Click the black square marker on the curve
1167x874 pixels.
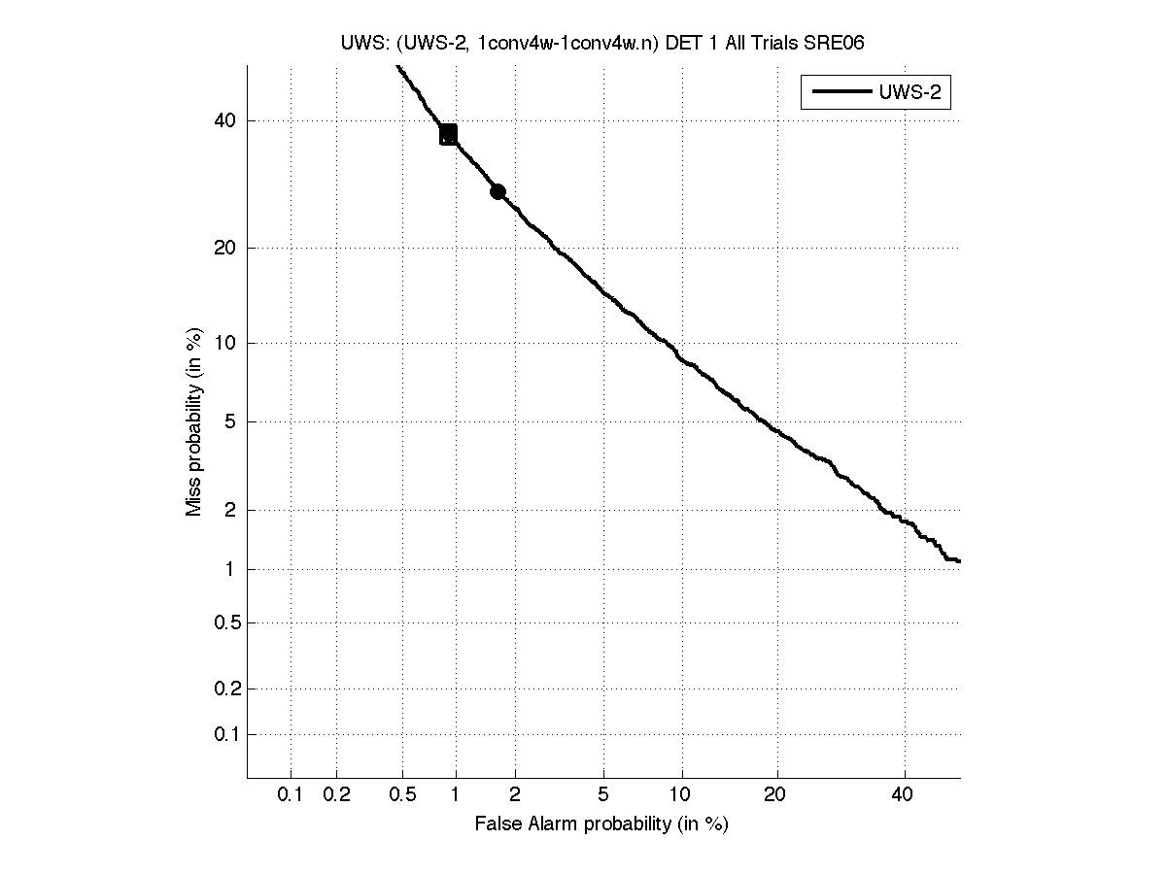click(x=448, y=134)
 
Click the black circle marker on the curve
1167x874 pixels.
click(x=498, y=191)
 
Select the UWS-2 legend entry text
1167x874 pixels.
click(x=912, y=93)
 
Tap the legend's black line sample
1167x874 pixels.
click(x=841, y=93)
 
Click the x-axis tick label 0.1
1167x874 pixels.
click(x=291, y=795)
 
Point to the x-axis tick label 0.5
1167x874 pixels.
click(x=401, y=795)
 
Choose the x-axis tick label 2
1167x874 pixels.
click(x=515, y=795)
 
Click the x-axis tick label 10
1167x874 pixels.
click(x=682, y=795)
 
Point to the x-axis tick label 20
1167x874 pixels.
click(x=774, y=795)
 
